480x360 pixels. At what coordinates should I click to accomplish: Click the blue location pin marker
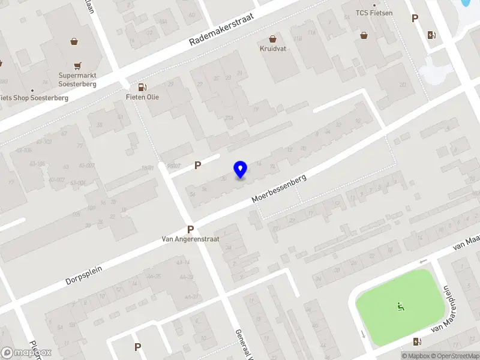coord(241,170)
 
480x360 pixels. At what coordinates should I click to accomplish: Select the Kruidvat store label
coord(272,49)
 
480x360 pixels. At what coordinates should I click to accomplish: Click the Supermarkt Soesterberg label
coord(77,79)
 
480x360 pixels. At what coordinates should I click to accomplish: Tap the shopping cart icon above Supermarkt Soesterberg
coord(77,65)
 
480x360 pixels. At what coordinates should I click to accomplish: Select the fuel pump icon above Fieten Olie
coord(142,86)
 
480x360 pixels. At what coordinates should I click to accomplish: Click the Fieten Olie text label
coord(142,97)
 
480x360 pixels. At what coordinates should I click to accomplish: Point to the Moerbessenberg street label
coord(280,188)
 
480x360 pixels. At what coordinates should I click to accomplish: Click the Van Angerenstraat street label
coord(191,239)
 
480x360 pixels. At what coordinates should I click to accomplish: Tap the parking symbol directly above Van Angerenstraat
coord(191,229)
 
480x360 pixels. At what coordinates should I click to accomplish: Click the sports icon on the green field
coord(400,307)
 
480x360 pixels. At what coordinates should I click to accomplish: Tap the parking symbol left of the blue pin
coord(197,165)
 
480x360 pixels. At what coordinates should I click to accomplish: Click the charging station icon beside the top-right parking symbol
coord(431,35)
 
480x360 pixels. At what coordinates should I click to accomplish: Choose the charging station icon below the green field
coord(417,341)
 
